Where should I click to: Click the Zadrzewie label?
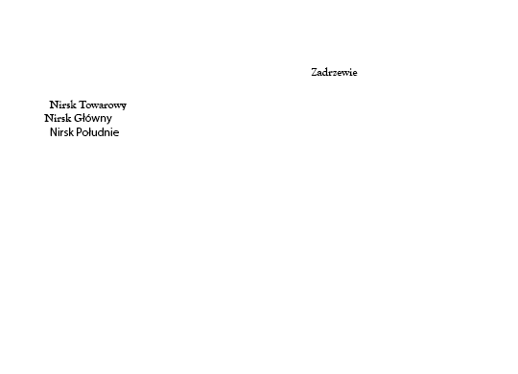(334, 72)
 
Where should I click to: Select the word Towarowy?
(103, 105)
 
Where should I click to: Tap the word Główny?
(93, 118)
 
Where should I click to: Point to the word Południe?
(98, 132)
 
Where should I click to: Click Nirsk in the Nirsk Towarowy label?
(62, 105)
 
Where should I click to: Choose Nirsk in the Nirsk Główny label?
(58, 118)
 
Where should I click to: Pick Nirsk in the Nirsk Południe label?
(61, 132)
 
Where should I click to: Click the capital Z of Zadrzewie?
(315, 72)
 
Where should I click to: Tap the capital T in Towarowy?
(83, 105)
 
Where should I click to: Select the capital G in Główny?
(78, 118)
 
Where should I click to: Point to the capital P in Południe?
(79, 132)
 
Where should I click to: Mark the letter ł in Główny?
(83, 118)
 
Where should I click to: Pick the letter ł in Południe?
(90, 131)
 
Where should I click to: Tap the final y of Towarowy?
(123, 106)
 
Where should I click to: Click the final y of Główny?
(108, 120)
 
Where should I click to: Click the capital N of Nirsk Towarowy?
(54, 105)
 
